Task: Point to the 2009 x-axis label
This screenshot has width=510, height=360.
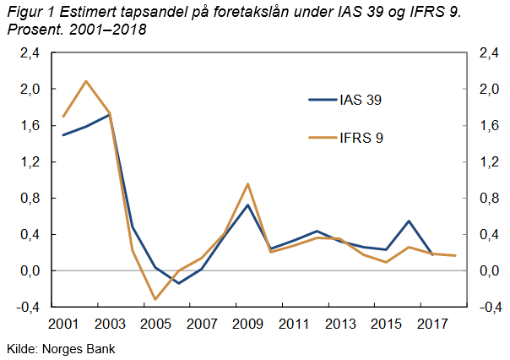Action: pyautogui.click(x=247, y=324)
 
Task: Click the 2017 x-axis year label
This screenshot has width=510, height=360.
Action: pyautogui.click(x=432, y=324)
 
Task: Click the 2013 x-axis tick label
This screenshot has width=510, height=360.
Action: pyautogui.click(x=340, y=324)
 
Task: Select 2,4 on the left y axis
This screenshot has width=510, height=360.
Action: pyautogui.click(x=30, y=53)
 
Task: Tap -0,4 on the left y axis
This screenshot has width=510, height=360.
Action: pyautogui.click(x=29, y=308)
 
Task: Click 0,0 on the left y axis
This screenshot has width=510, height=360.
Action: pyautogui.click(x=30, y=271)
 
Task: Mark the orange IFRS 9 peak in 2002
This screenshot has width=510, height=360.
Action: pyautogui.click(x=86, y=81)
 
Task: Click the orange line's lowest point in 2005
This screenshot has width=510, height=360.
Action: pyautogui.click(x=155, y=299)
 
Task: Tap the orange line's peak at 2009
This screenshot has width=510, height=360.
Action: pyautogui.click(x=247, y=183)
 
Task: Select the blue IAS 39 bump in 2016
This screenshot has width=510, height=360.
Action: pyautogui.click(x=409, y=221)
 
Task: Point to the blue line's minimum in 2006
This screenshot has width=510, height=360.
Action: pyautogui.click(x=178, y=283)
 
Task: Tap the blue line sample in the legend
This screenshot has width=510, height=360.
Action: pyautogui.click(x=322, y=100)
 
